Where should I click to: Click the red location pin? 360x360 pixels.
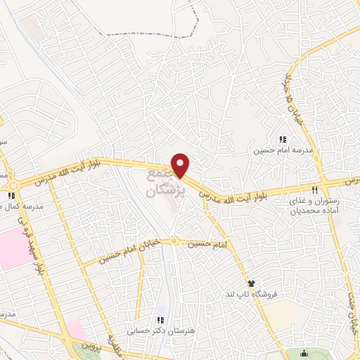tap(181, 165)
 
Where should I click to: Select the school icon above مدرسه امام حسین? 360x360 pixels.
tap(283, 141)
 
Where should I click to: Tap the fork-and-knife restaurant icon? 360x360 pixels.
tap(316, 190)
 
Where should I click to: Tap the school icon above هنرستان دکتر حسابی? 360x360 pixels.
tap(161, 320)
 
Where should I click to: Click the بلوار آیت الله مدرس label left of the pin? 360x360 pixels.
tap(105, 167)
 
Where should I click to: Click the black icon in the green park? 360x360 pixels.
tap(303, 353)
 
